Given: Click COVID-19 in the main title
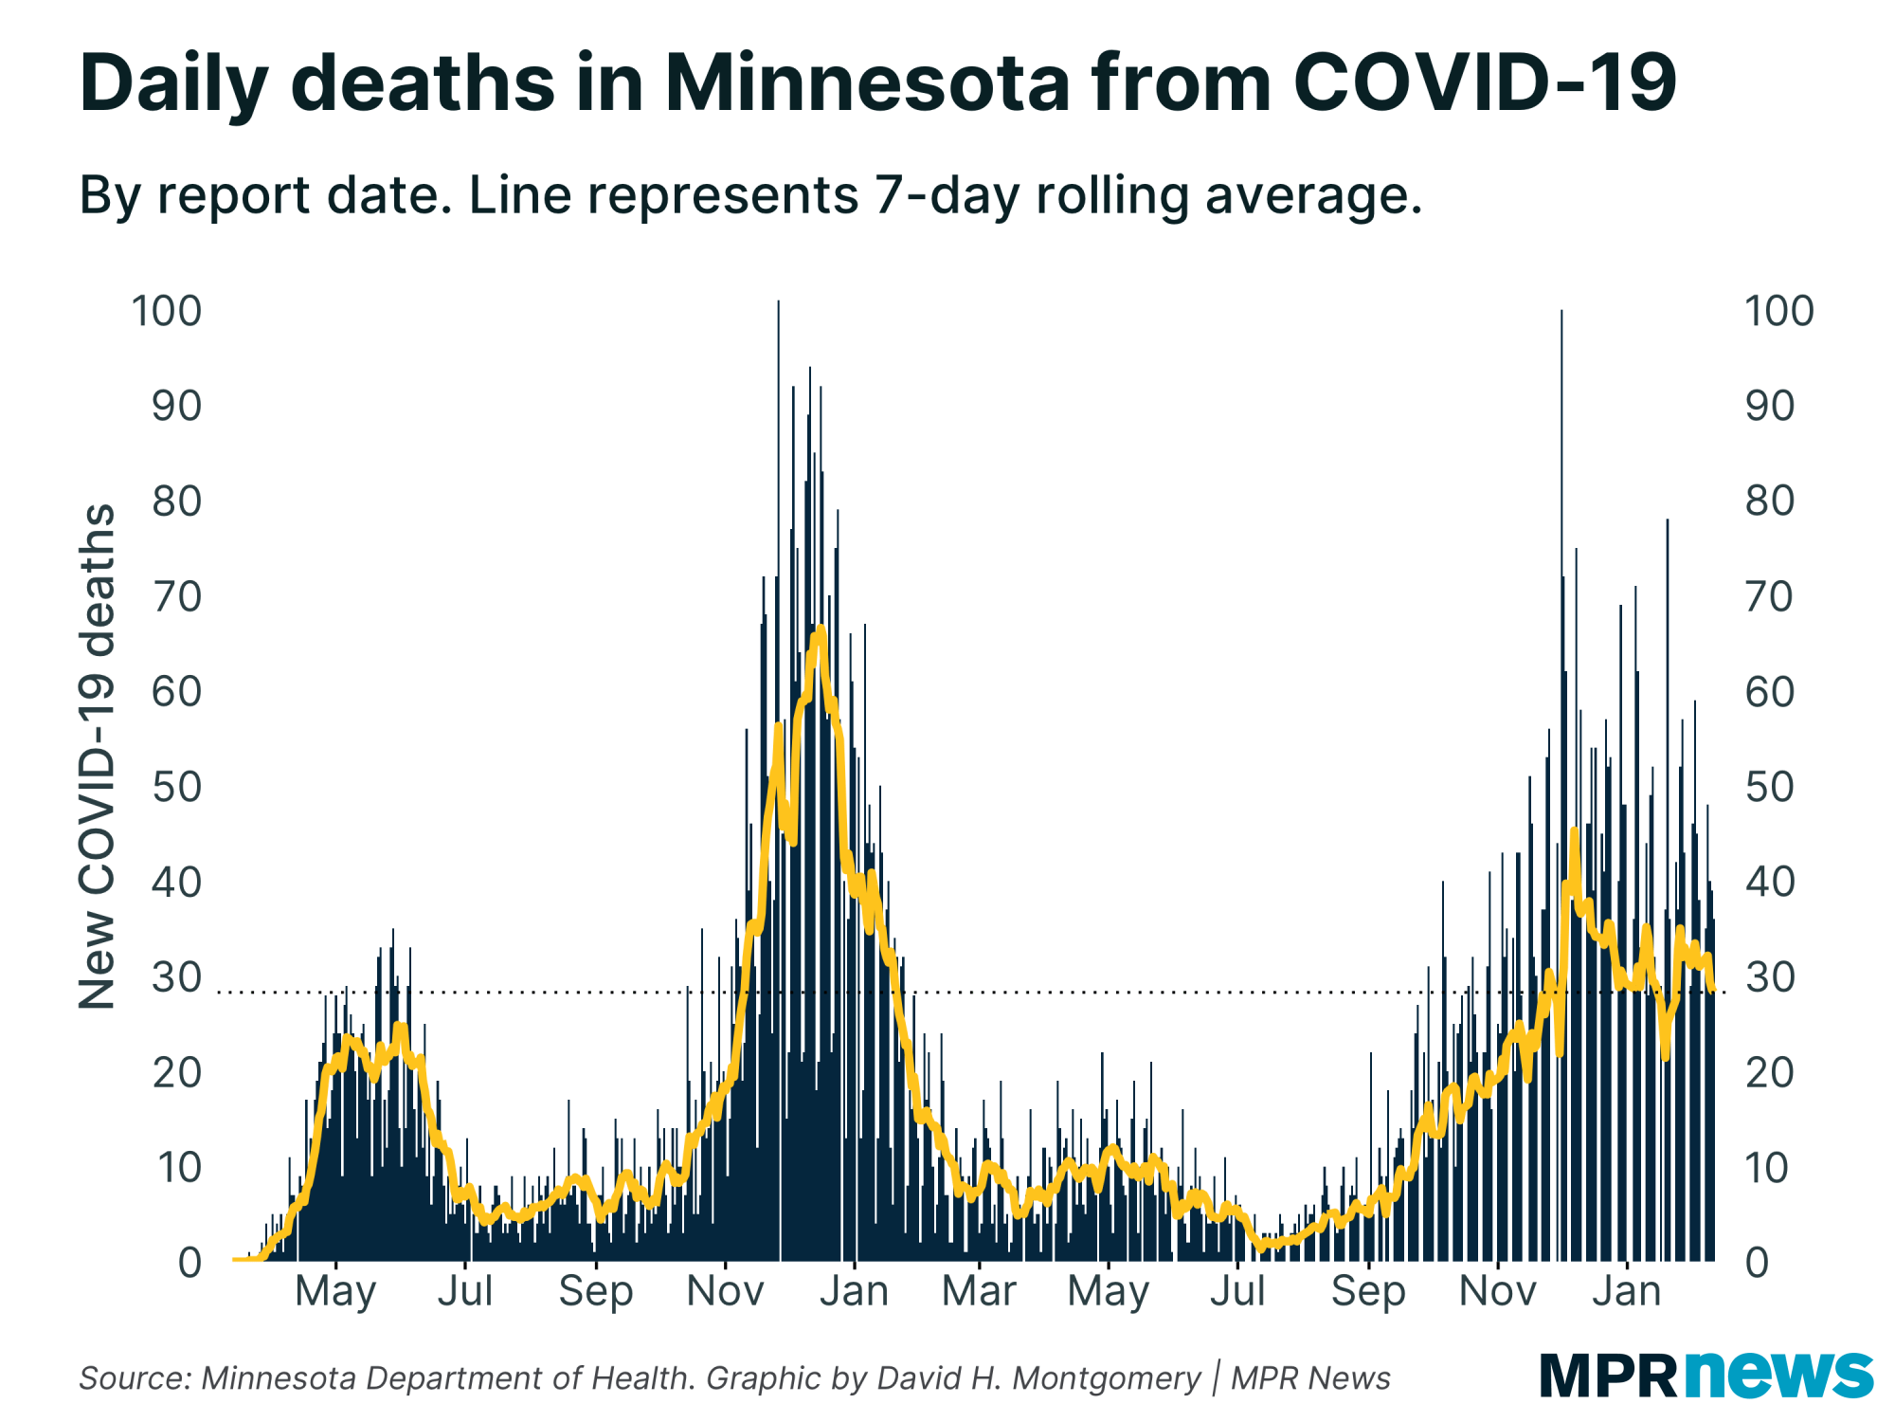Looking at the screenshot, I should point(1485,83).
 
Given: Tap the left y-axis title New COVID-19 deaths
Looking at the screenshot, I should point(97,756).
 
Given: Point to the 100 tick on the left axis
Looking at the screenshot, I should point(167,311).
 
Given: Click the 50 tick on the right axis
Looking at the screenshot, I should point(1770,787).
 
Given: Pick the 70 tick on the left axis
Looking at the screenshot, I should point(176,596).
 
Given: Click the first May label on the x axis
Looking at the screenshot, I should point(335,1291).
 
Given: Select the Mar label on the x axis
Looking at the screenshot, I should point(979,1291).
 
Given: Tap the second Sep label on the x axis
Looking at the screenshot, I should point(1367,1291).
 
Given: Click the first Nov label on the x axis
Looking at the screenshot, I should point(725,1291).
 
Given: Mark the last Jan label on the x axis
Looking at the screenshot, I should point(1626,1291).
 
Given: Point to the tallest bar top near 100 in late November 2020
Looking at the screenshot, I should point(778,303).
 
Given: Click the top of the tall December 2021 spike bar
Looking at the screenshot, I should point(1561,313).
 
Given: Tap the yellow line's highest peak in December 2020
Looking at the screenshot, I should point(820,629).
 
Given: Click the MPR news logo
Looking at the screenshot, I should point(1705,1375).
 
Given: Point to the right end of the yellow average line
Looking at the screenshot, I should point(1712,989).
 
